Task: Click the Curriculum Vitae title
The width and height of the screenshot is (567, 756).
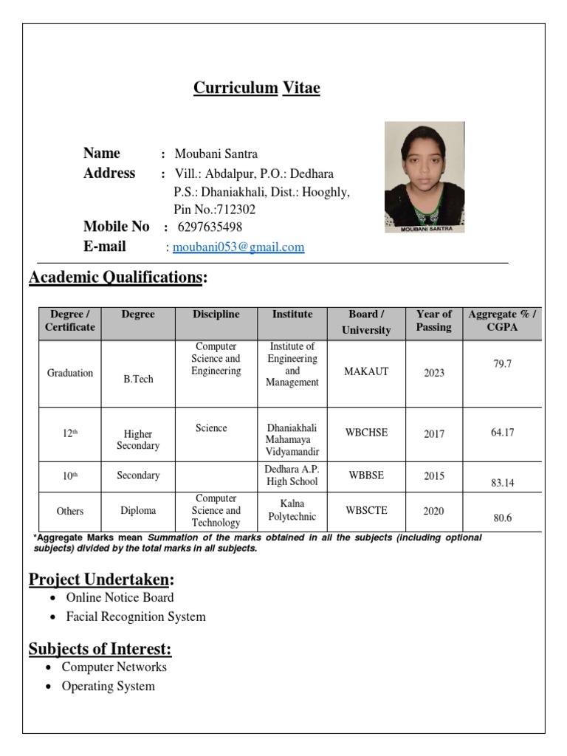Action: click(256, 89)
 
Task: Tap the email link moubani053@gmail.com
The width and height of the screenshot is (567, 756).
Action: click(238, 247)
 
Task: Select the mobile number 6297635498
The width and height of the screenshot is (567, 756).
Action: click(210, 227)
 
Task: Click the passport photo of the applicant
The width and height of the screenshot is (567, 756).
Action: click(424, 177)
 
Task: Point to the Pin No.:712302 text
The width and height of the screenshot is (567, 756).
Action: click(214, 210)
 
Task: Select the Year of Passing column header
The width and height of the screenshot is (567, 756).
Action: click(433, 320)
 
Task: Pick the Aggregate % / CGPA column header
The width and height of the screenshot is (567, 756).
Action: click(502, 320)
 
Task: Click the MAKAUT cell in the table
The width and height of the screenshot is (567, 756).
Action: click(366, 371)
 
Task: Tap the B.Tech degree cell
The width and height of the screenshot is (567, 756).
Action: click(138, 379)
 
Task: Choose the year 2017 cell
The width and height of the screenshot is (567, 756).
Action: click(433, 434)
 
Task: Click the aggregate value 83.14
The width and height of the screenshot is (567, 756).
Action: click(502, 483)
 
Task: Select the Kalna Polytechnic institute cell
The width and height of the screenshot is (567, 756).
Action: click(292, 510)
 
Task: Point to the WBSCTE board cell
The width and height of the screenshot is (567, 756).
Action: click(366, 510)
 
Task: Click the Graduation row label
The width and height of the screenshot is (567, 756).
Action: click(70, 373)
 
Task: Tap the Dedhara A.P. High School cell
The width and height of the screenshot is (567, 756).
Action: click(292, 475)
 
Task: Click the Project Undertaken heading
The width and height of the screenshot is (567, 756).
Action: click(101, 580)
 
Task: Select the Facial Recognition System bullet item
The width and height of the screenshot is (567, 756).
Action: click(136, 616)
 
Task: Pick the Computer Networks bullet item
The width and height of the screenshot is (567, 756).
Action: click(114, 667)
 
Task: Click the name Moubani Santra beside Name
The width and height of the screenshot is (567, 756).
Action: click(216, 154)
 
